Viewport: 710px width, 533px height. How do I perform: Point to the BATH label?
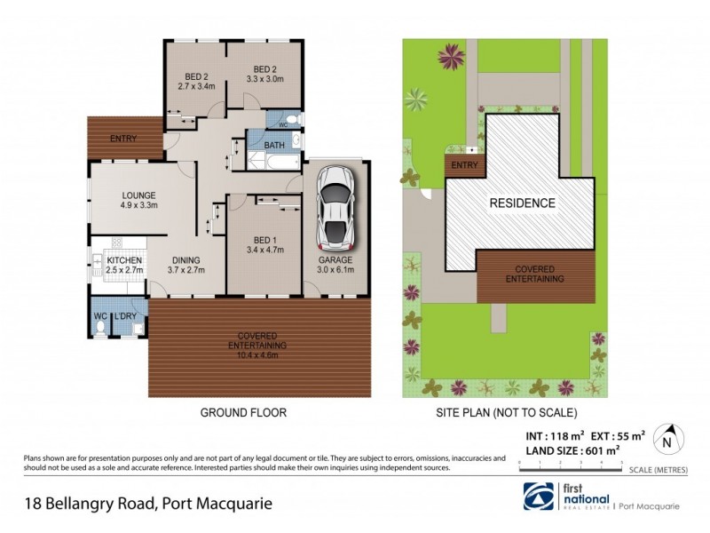point(274,145)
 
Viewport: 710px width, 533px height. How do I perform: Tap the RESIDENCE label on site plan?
point(523,203)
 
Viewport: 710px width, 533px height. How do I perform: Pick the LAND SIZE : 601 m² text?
point(570,450)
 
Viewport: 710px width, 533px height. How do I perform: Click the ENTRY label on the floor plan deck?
point(123,139)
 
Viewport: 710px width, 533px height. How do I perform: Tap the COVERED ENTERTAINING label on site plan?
point(534,274)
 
